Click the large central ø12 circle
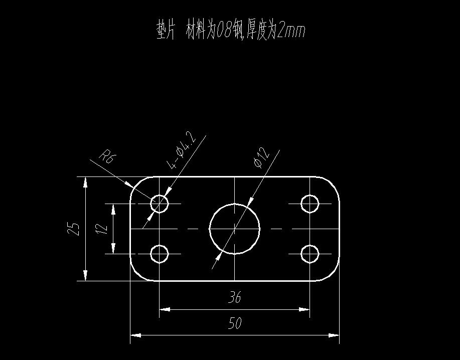[235, 229]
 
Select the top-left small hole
[160, 204]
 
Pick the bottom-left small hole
[160, 254]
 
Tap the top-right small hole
[310, 204]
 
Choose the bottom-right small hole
[310, 254]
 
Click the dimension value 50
[235, 323]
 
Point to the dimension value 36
[235, 297]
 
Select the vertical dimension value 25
[74, 229]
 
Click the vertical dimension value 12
[102, 229]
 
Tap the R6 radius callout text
[108, 157]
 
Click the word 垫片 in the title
[166, 31]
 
